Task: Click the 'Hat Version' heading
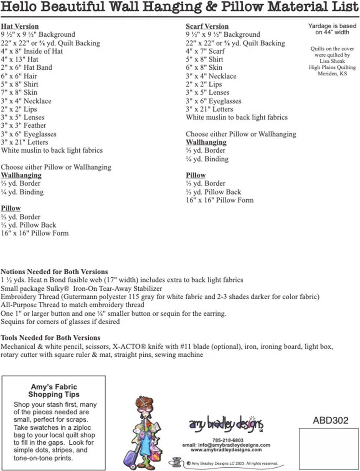click(20, 26)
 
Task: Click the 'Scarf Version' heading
click(207, 26)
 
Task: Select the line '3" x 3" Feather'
click(24, 125)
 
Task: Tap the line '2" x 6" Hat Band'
click(26, 67)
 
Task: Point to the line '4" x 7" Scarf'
click(205, 51)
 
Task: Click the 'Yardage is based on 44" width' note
click(332, 29)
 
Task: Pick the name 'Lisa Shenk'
click(332, 61)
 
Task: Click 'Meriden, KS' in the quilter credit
click(332, 74)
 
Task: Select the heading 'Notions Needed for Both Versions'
click(54, 271)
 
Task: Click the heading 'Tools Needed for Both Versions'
click(50, 338)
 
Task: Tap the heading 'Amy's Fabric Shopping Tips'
click(54, 391)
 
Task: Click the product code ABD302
click(330, 420)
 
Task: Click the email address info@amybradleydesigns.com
click(226, 445)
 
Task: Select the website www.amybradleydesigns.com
click(226, 450)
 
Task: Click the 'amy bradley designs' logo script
click(226, 424)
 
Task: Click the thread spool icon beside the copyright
click(176, 463)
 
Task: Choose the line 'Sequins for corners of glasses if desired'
click(60, 321)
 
